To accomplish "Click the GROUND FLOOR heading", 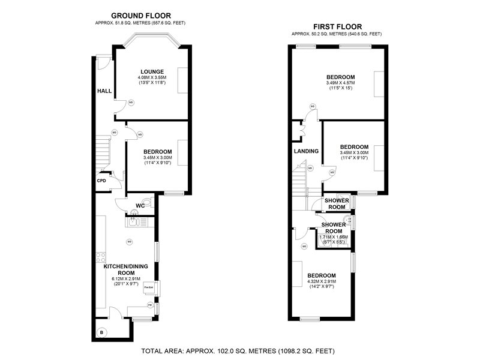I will point(141,16).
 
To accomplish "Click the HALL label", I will point(104,91).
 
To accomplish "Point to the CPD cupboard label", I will point(101,181).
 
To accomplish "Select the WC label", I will point(140,206).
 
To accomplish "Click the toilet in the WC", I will point(148,202).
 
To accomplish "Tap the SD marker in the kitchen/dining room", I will point(129,242).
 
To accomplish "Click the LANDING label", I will point(306,151).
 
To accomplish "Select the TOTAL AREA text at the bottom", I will point(238,350).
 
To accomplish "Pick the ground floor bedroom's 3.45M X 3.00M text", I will point(158,158).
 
